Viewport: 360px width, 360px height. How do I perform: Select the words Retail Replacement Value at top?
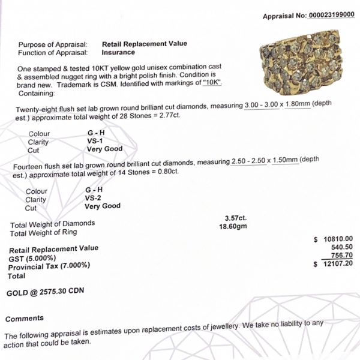click(145, 44)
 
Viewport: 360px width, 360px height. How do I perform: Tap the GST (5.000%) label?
click(31, 257)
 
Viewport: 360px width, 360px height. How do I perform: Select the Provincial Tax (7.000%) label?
click(49, 266)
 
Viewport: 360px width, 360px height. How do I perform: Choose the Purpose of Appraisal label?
click(53, 44)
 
